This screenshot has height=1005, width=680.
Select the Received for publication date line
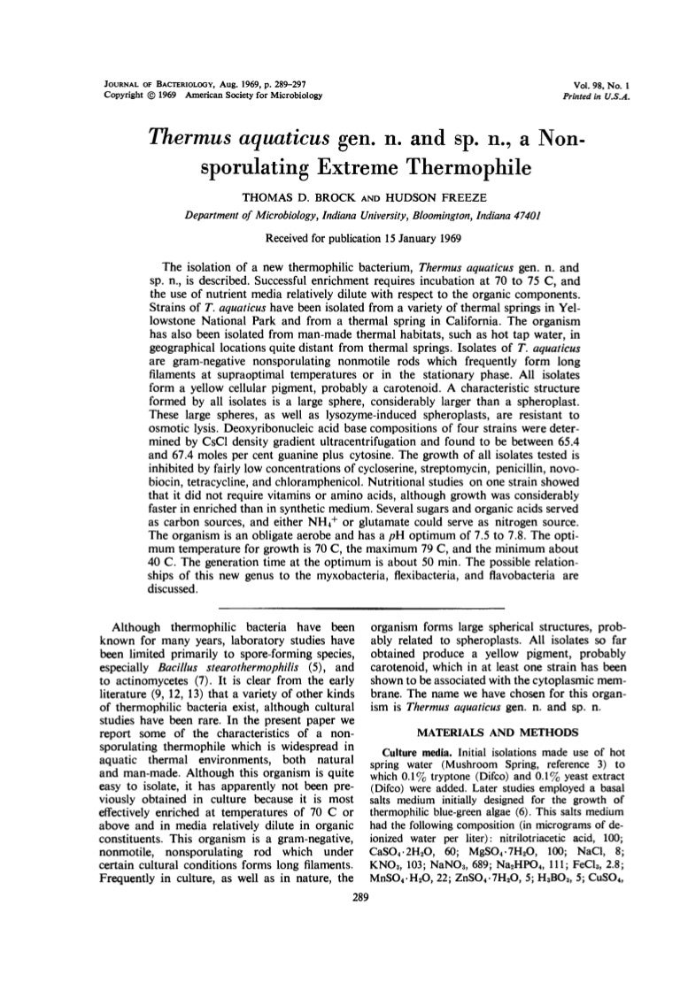pos(340,237)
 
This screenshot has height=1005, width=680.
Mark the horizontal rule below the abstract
pos(340,606)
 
